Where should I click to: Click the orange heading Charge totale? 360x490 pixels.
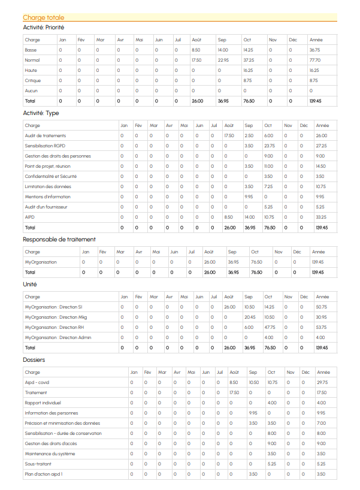tap(44, 17)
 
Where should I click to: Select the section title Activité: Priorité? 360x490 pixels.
tap(44, 28)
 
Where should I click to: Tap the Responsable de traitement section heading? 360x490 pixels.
tap(59, 240)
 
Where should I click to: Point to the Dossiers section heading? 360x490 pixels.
tap(34, 359)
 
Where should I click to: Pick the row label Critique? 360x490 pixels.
tap(33, 80)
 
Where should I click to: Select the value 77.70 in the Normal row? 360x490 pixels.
tap(315, 60)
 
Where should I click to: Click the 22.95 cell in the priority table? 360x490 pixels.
tap(223, 60)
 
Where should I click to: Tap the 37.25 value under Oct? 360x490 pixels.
tap(249, 60)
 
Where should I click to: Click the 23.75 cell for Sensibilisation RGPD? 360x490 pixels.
tap(270, 146)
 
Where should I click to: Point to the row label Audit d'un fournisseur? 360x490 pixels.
tap(46, 207)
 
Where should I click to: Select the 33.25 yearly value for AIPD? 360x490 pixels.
tap(322, 217)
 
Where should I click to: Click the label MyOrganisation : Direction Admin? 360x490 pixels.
tap(58, 337)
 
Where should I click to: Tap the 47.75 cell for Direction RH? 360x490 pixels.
tap(270, 327)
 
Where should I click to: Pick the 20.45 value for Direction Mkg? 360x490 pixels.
tap(250, 317)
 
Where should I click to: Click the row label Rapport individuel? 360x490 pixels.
tap(43, 403)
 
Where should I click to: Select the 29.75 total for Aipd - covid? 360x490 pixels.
tap(322, 382)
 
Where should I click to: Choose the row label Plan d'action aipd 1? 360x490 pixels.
tap(44, 474)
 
